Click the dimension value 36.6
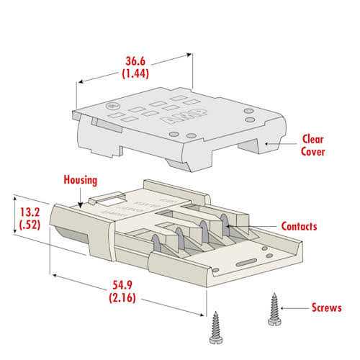[135, 61]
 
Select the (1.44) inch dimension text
[135, 73]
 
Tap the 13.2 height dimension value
[30, 212]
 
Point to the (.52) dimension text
[30, 225]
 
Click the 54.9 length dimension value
[122, 285]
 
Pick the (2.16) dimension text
[122, 298]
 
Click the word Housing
[81, 180]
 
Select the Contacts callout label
[299, 226]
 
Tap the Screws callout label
[327, 307]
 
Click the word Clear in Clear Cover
[312, 139]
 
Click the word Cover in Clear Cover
[312, 152]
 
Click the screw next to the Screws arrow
[274, 310]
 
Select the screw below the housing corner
[216, 328]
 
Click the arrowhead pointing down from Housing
[81, 205]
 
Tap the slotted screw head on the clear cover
[112, 106]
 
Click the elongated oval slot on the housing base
[246, 262]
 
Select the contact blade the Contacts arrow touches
[225, 225]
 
